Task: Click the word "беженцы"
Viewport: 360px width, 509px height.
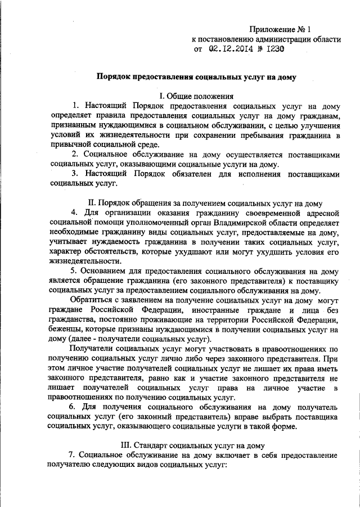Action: (x=66, y=330)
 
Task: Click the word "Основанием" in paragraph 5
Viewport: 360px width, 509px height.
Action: (x=108, y=271)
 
